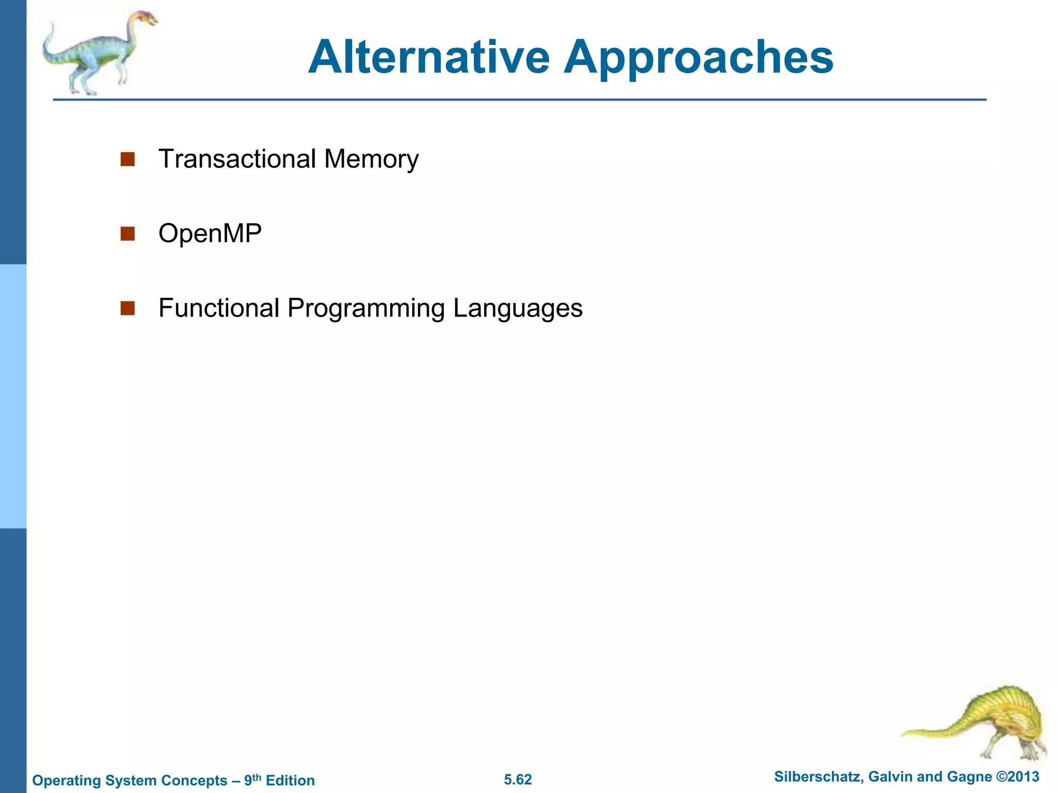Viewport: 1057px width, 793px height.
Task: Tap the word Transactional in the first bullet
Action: click(x=237, y=158)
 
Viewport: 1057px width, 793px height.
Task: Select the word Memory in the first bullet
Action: click(x=371, y=160)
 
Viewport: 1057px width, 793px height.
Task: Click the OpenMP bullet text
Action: click(x=210, y=233)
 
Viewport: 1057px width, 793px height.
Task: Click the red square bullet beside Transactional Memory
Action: click(x=127, y=159)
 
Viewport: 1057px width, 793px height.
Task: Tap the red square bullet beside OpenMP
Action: click(x=127, y=234)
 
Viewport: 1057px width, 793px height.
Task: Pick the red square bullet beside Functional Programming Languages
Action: click(x=127, y=308)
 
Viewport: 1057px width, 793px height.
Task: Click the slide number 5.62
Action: click(x=518, y=780)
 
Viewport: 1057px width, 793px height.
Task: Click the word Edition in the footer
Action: click(x=290, y=780)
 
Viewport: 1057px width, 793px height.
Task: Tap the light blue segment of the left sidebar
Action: click(x=13, y=396)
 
